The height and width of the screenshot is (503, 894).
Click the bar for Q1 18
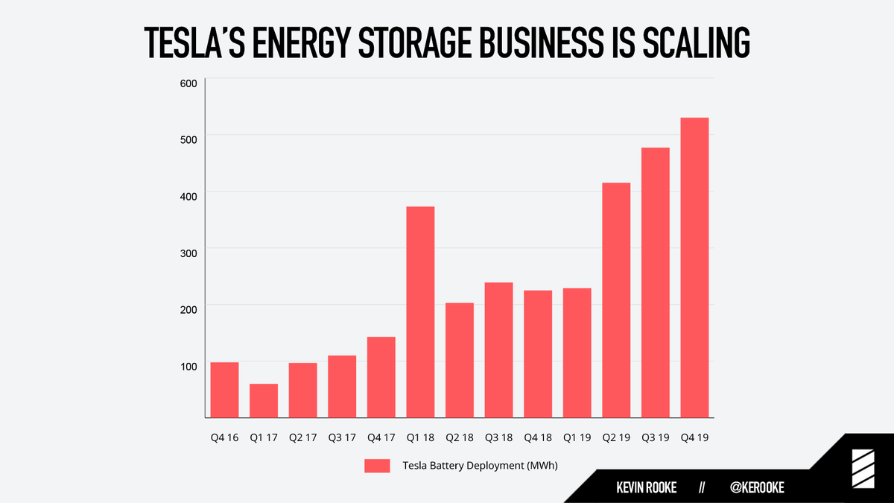[x=420, y=312]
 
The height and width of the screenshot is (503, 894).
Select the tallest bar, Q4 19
[x=694, y=268]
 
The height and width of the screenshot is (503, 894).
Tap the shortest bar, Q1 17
[x=264, y=401]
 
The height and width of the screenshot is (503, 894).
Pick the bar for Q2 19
[x=616, y=300]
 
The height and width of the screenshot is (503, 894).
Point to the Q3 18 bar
[x=499, y=350]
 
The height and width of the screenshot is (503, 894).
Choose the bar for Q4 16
[x=225, y=390]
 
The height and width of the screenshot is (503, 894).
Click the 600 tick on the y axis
[x=188, y=83]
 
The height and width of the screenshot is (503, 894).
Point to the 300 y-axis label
[x=188, y=253]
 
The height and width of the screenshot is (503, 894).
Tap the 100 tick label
[x=188, y=367]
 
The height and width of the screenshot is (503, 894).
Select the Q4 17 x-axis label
[x=381, y=437]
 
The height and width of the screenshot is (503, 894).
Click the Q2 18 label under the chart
[x=460, y=437]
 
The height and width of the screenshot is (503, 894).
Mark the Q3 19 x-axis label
[x=656, y=437]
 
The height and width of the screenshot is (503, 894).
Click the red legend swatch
[x=377, y=466]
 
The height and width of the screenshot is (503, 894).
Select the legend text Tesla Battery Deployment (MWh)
[x=480, y=466]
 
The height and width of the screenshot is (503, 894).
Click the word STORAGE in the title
[x=415, y=42]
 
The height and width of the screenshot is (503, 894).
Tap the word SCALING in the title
[x=697, y=42]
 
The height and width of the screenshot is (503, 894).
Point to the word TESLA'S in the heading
[x=194, y=42]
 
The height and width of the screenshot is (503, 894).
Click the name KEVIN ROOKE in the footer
[x=646, y=487]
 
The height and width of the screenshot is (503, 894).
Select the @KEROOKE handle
[x=757, y=487]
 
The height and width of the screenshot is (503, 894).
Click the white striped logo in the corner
[x=863, y=469]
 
